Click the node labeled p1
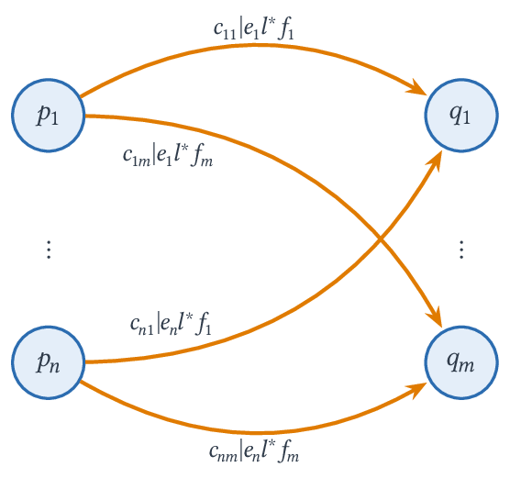(x=49, y=116)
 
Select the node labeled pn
(x=49, y=362)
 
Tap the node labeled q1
(x=461, y=116)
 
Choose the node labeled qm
(x=461, y=362)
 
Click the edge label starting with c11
(x=254, y=30)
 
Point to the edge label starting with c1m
(x=168, y=156)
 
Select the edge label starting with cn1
(x=172, y=324)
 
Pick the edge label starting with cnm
(x=254, y=450)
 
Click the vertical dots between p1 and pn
(x=49, y=250)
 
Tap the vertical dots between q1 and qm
(x=461, y=250)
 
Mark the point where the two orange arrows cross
(x=381, y=239)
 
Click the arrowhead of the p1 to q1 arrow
(x=418, y=88)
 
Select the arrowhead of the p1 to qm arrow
(x=435, y=317)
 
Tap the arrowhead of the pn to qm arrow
(x=418, y=390)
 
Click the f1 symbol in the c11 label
(x=286, y=30)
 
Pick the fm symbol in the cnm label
(x=289, y=451)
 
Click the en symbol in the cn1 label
(x=169, y=326)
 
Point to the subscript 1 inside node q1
(x=466, y=117)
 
